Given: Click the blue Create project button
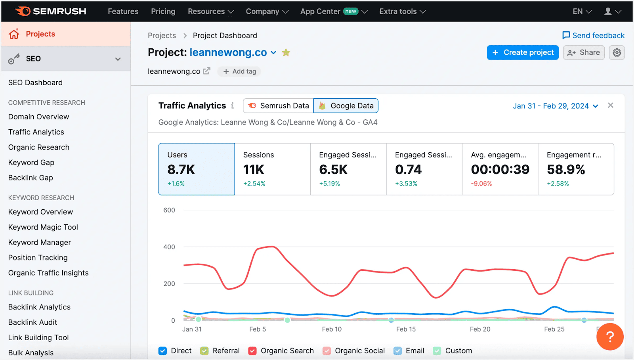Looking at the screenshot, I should [x=522, y=52].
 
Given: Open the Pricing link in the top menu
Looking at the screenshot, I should [x=163, y=11].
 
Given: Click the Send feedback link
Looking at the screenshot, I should [x=593, y=36].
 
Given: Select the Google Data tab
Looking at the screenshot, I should [x=346, y=106].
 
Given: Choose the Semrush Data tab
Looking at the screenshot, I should [x=278, y=106].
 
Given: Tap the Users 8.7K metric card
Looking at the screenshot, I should [x=197, y=169].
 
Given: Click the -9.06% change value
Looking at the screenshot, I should [x=481, y=184].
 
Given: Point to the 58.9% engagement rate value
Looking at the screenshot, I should [x=566, y=170].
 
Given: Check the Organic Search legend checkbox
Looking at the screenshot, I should [x=252, y=351].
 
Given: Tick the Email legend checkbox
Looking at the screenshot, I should [x=397, y=351].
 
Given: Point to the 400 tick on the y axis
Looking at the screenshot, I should [x=169, y=247].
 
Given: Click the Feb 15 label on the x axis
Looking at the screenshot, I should [x=406, y=329].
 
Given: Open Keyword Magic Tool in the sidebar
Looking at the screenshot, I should [x=43, y=227].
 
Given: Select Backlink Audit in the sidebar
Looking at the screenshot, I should [x=33, y=322].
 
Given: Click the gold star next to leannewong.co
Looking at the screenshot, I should [x=286, y=52].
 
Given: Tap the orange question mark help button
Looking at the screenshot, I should [x=609, y=337].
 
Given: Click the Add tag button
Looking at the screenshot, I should [x=239, y=71].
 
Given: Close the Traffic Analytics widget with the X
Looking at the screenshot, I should [x=610, y=105].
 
